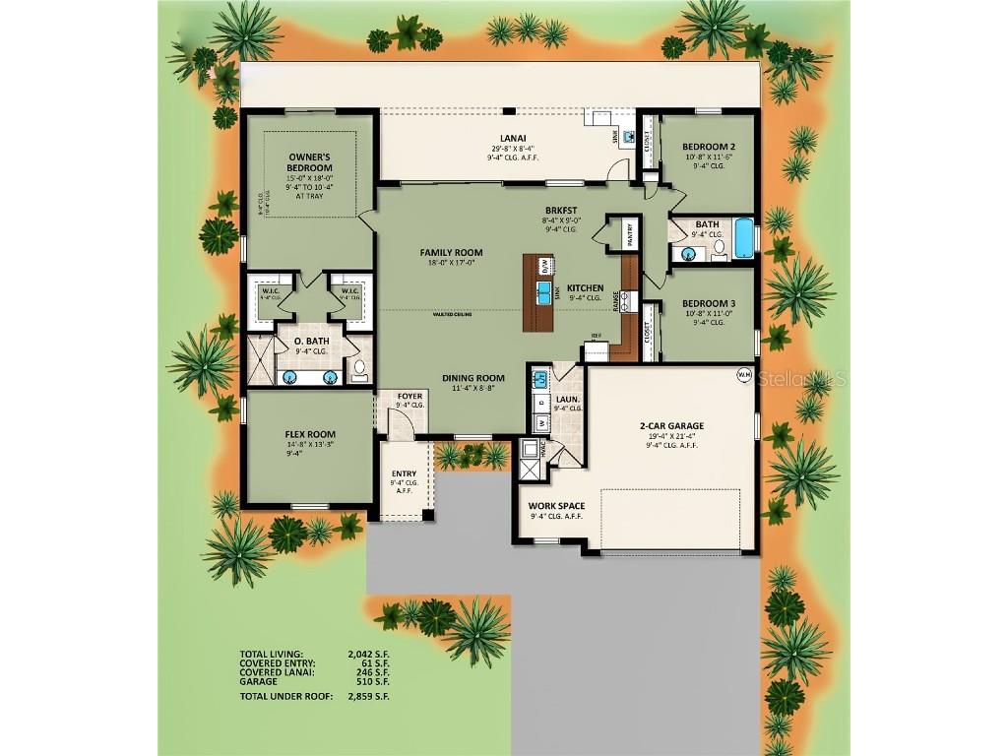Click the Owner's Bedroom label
click(x=309, y=162)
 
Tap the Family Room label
click(x=451, y=253)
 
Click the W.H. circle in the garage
click(x=745, y=374)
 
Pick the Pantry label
click(x=629, y=234)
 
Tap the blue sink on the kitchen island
click(x=543, y=290)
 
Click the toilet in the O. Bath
click(x=359, y=370)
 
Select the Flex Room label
click(x=310, y=434)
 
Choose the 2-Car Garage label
click(x=671, y=426)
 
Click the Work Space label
click(x=556, y=506)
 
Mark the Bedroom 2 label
click(x=709, y=147)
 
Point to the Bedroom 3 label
click(x=709, y=303)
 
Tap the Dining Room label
click(x=472, y=378)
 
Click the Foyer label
click(x=409, y=396)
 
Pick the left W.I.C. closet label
click(x=271, y=291)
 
